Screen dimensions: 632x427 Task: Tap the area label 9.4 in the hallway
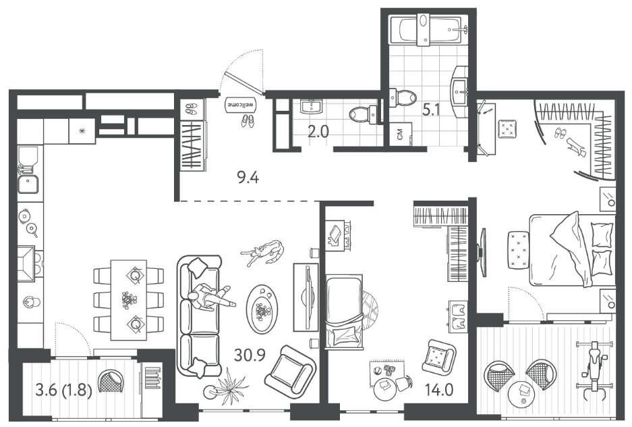coord(248,177)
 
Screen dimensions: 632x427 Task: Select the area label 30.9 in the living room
coord(250,355)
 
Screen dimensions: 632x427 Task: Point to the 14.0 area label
coord(439,390)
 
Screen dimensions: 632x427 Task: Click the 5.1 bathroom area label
coord(431,109)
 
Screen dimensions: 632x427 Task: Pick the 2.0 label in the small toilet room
coord(318,132)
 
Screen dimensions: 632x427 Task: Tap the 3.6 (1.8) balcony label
coord(64,391)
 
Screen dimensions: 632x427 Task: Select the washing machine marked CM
coord(401,133)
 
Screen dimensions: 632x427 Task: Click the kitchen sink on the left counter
coord(28,184)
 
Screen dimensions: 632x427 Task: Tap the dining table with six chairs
coord(129,300)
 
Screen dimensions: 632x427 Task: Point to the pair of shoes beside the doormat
coord(248,121)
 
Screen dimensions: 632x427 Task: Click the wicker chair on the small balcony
coord(111,381)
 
